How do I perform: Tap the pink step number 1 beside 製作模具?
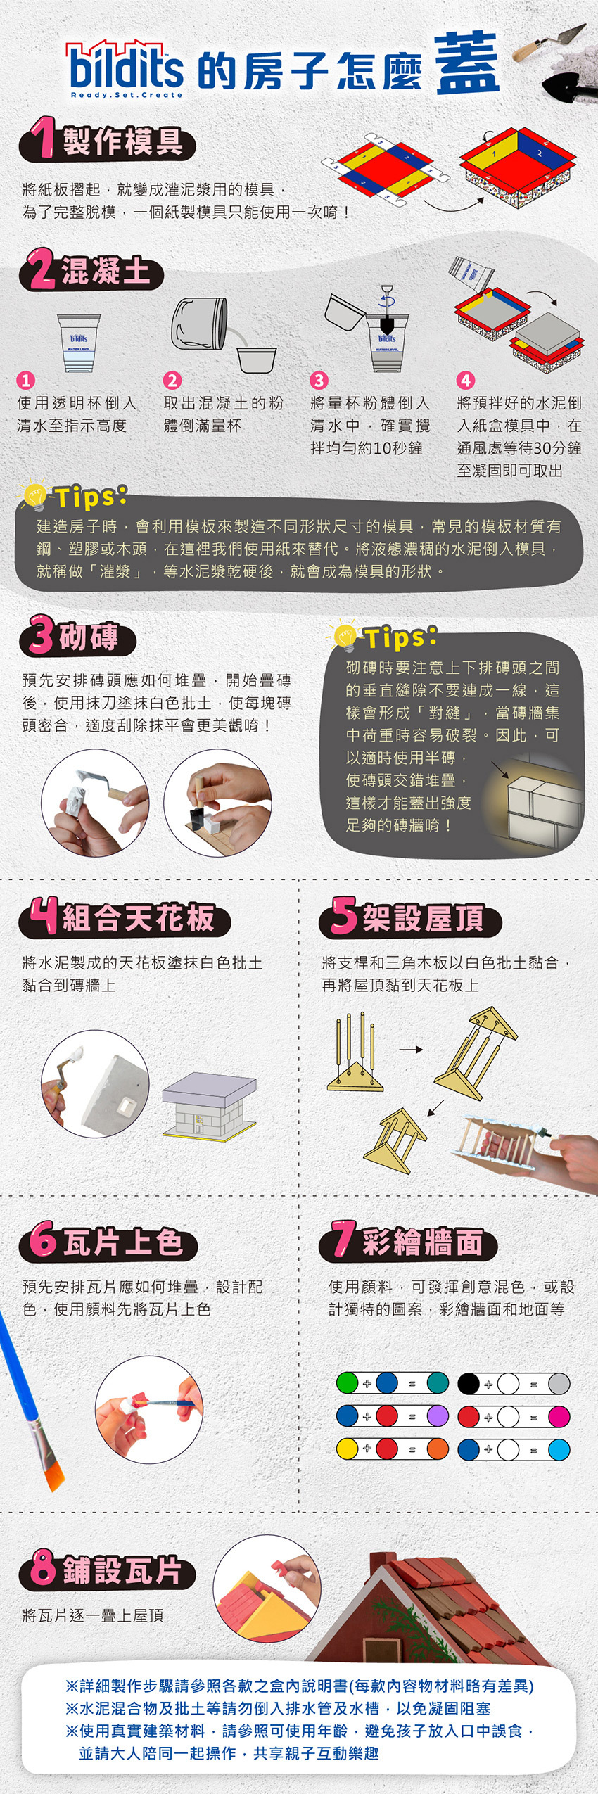pyautogui.click(x=46, y=139)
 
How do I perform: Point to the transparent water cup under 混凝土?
pyautogui.click(x=79, y=343)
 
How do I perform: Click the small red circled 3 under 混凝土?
pyautogui.click(x=319, y=381)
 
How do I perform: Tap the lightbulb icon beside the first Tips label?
pyautogui.click(x=33, y=495)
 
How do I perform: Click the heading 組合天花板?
pyautogui.click(x=138, y=918)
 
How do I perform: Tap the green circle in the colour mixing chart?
pyautogui.click(x=347, y=1382)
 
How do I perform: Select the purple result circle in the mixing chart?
pyautogui.click(x=438, y=1416)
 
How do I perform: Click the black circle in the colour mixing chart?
pyautogui.click(x=469, y=1382)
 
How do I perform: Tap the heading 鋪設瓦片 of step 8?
pyautogui.click(x=122, y=1571)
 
